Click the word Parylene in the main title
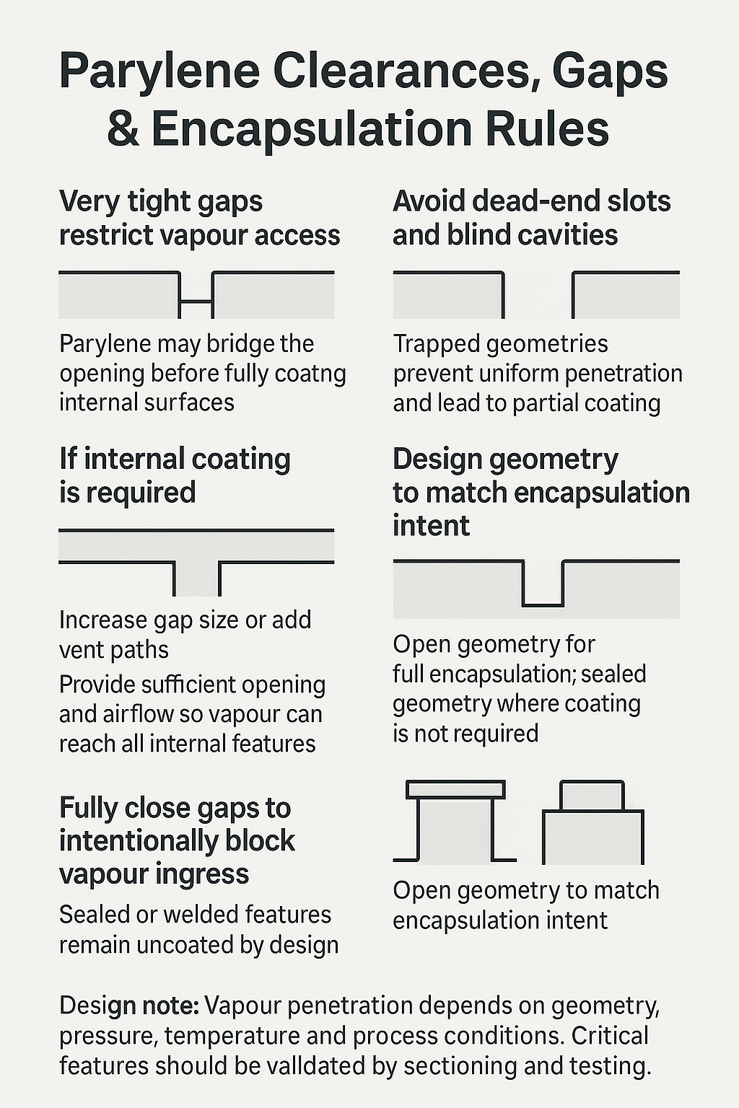159,71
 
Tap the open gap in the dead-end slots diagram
538,296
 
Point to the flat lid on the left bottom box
455,789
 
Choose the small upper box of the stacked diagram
592,796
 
